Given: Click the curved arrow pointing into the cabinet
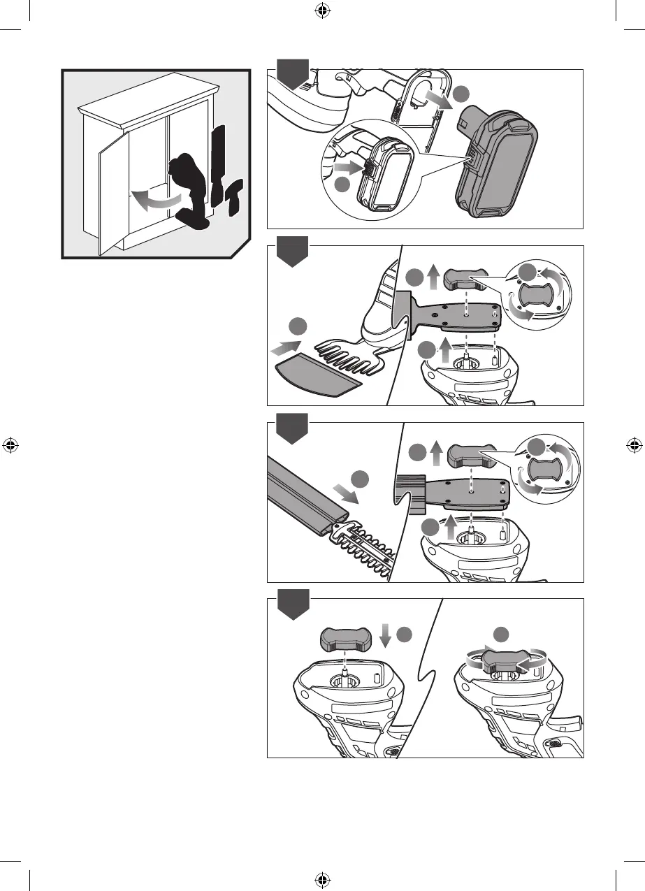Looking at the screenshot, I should (156, 201).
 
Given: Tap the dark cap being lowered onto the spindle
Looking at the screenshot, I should (347, 638).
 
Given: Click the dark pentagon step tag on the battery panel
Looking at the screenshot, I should (292, 75).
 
